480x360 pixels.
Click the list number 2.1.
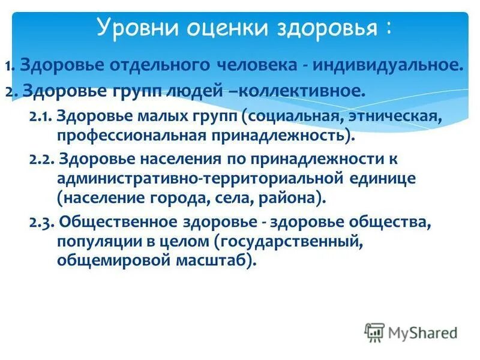pos(40,117)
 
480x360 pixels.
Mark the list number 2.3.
pos(41,223)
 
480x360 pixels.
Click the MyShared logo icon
pos(375,332)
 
